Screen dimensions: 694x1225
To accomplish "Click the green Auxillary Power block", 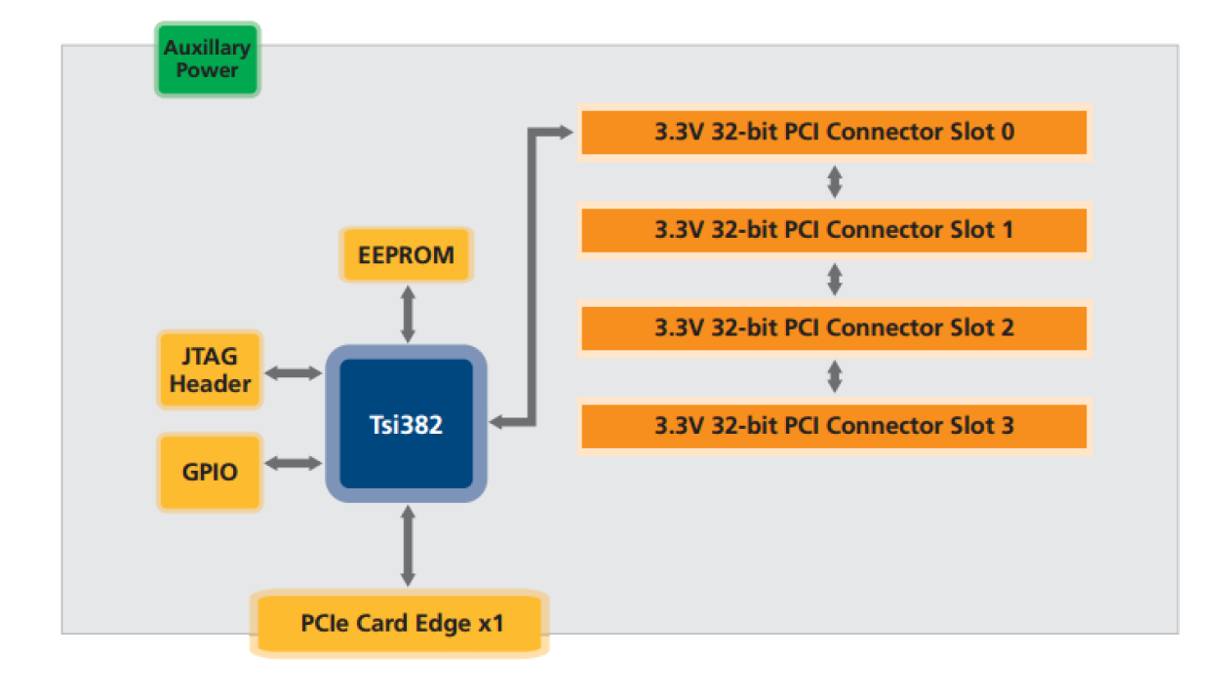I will [x=207, y=59].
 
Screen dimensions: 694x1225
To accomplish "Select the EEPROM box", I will [x=406, y=255].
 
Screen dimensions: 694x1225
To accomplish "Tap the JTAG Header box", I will [x=210, y=370].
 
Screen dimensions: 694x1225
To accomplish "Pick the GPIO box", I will [x=210, y=472].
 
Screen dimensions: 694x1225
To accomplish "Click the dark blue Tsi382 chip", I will [x=406, y=425].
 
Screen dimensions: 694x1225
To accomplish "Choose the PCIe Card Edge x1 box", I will [x=399, y=623].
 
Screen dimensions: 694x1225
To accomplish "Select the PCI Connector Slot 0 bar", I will [x=834, y=132].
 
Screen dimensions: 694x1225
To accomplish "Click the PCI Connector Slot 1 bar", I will [x=834, y=230].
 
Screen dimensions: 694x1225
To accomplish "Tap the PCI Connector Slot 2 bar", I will [x=834, y=328].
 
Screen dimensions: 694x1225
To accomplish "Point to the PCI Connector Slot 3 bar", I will [x=834, y=426].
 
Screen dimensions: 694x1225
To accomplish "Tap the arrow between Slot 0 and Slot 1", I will [x=834, y=181].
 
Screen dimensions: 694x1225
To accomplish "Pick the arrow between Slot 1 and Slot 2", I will [x=834, y=279].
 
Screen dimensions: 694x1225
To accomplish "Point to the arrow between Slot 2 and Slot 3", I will [x=834, y=376].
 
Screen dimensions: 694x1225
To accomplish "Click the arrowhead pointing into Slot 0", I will [x=563, y=132].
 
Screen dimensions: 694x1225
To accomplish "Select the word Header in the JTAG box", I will [x=210, y=384].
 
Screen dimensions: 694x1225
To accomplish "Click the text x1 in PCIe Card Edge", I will [x=490, y=623].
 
